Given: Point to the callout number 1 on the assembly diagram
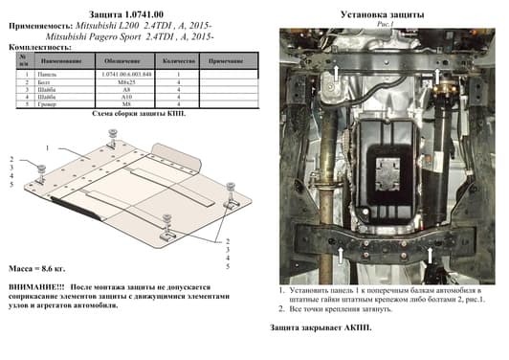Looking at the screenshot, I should pos(45,149).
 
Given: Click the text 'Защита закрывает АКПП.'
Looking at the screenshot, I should pos(320,328).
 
